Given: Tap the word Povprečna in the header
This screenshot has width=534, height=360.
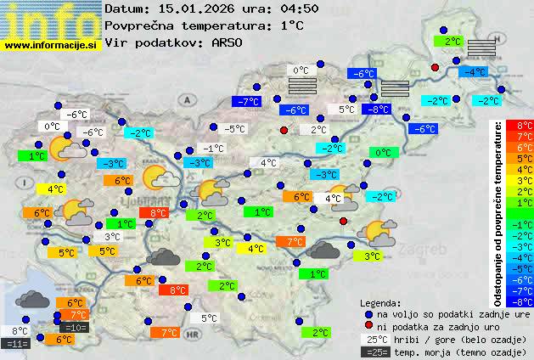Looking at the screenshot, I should tap(138, 25).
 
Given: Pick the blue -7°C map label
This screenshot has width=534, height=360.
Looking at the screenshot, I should tap(249, 102).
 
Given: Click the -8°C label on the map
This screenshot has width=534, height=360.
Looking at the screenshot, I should tap(375, 109).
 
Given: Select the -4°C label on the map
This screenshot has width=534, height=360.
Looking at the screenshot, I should tap(473, 72).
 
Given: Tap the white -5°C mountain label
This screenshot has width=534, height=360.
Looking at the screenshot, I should tap(234, 129).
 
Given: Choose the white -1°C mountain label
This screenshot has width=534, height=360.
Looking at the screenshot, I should tap(213, 149).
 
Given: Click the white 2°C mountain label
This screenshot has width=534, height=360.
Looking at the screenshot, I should tap(318, 130).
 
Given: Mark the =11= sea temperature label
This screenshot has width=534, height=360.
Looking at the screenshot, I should tap(16, 344).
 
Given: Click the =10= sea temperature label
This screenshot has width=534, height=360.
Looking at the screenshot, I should tap(75, 327).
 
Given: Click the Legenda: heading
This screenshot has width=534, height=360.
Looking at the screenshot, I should tap(380, 303).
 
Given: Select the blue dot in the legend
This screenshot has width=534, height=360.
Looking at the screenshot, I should tap(368, 314).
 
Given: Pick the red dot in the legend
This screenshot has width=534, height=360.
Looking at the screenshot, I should tap(368, 326).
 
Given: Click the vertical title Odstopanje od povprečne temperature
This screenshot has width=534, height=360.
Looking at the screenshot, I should tap(498, 212).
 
